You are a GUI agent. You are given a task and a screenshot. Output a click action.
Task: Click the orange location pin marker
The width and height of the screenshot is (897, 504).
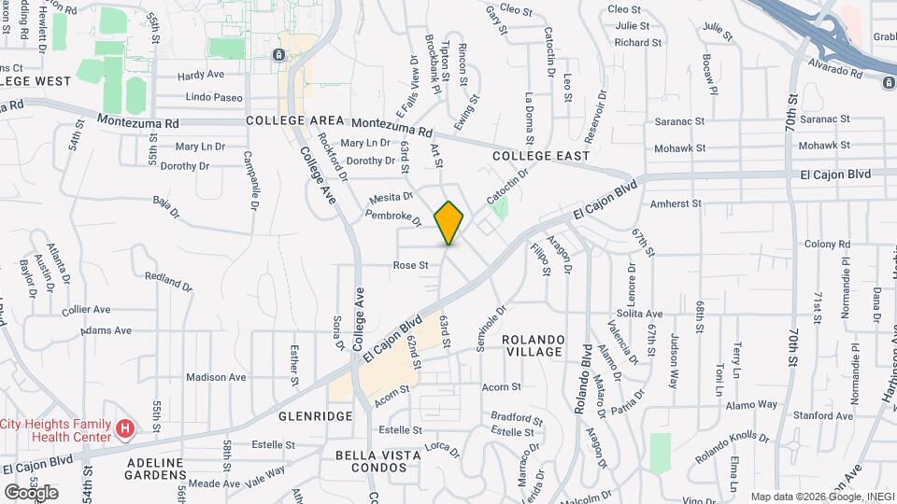449,222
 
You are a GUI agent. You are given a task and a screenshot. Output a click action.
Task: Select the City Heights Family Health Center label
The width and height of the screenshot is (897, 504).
58,430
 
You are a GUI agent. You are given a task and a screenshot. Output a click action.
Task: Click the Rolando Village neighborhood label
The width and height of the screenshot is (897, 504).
533,345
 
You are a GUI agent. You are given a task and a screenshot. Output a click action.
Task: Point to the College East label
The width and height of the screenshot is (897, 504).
541,156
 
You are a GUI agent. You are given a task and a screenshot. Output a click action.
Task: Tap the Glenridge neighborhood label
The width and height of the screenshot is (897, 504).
315,415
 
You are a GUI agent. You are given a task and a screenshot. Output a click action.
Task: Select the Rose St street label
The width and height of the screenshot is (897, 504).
410,265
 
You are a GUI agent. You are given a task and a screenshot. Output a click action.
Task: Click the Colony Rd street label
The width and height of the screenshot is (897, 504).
828,244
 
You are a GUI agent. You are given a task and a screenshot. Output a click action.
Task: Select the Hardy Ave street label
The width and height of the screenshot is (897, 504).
202,76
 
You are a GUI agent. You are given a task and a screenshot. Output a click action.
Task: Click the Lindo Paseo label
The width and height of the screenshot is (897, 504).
214,97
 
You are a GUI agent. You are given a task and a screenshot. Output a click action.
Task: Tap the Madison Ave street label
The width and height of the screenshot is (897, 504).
216,377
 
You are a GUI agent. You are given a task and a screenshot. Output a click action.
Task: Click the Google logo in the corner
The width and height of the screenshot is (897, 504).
31,492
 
